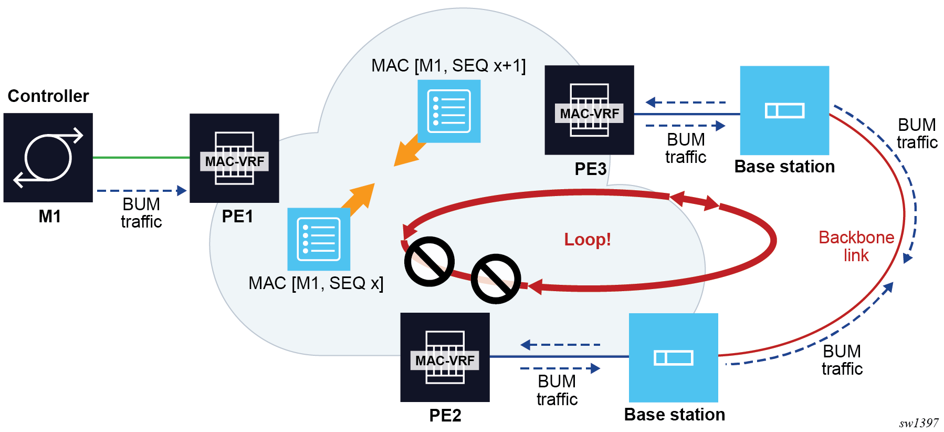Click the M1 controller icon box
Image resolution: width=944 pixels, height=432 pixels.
pyautogui.click(x=48, y=158)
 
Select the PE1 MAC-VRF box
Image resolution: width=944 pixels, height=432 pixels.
pyautogui.click(x=234, y=158)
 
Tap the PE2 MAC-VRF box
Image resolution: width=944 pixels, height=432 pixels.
pyautogui.click(x=445, y=357)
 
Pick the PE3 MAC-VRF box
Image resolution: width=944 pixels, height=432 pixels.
pyautogui.click(x=589, y=110)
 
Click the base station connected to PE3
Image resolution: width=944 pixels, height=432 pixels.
pyautogui.click(x=784, y=110)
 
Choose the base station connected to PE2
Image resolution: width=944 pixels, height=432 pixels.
pyautogui.click(x=674, y=357)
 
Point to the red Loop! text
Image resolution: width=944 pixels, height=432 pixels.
pyautogui.click(x=588, y=240)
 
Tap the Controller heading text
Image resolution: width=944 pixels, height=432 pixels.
pyautogui.click(x=48, y=96)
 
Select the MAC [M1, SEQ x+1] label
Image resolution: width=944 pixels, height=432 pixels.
pyautogui.click(x=448, y=66)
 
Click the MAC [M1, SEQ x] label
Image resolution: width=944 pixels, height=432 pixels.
pyautogui.click(x=316, y=283)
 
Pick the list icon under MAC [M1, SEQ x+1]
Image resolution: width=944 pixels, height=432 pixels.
pyautogui.click(x=449, y=111)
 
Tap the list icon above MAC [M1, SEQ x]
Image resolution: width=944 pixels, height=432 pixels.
pyautogui.click(x=319, y=239)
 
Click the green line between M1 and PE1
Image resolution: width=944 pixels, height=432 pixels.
pyautogui.click(x=141, y=157)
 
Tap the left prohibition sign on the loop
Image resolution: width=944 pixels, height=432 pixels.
pyautogui.click(x=429, y=261)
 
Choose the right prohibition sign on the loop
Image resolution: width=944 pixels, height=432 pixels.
pyautogui.click(x=496, y=279)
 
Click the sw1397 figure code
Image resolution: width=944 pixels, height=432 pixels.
pyautogui.click(x=918, y=423)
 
